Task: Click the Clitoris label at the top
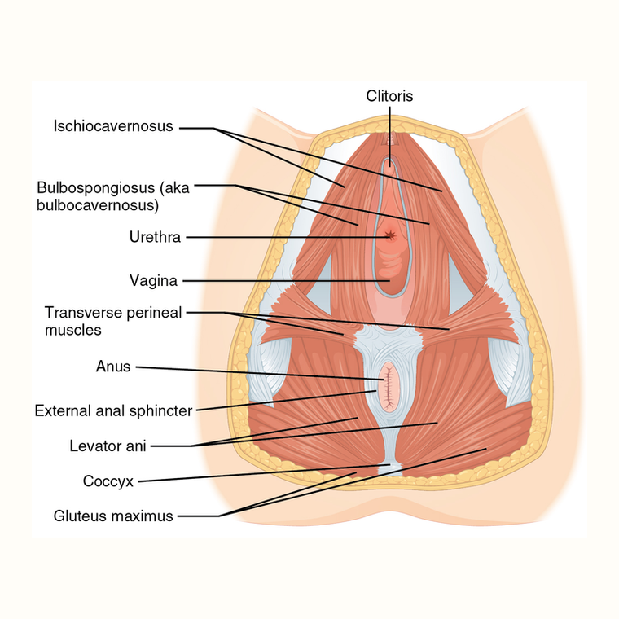tap(389, 96)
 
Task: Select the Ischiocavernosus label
tap(113, 126)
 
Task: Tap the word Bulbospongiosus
tap(96, 187)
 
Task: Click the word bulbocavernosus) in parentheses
tap(98, 205)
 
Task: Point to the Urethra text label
tap(155, 237)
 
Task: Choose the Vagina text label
tap(154, 281)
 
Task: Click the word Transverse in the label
tap(78, 312)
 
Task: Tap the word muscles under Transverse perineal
tap(73, 330)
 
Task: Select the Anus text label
tap(113, 367)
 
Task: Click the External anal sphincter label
tap(114, 411)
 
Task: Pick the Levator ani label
tap(108, 446)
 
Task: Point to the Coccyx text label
tap(108, 481)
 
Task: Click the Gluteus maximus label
tap(113, 516)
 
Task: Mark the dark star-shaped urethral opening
tap(390, 235)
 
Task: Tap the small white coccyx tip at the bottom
tap(390, 469)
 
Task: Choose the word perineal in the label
tap(149, 313)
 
